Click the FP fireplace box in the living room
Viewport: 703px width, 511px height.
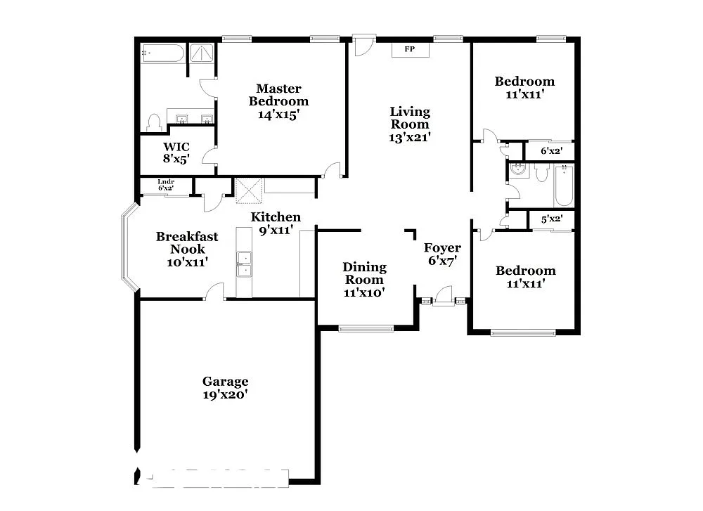point(408,49)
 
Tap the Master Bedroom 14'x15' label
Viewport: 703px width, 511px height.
point(278,101)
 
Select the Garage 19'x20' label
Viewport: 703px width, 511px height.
point(225,387)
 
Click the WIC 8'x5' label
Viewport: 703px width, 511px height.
point(176,152)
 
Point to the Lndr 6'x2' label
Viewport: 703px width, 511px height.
point(165,185)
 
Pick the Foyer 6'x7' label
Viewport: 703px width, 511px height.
point(442,254)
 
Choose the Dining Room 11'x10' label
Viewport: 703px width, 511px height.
point(364,279)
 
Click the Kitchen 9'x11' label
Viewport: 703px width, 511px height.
point(276,223)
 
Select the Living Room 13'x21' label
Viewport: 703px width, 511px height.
point(410,124)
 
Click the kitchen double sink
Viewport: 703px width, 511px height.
point(244,265)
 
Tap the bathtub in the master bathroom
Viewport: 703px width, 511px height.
point(162,53)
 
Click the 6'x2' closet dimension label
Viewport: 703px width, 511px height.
point(551,150)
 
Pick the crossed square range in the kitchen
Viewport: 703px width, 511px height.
point(249,190)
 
